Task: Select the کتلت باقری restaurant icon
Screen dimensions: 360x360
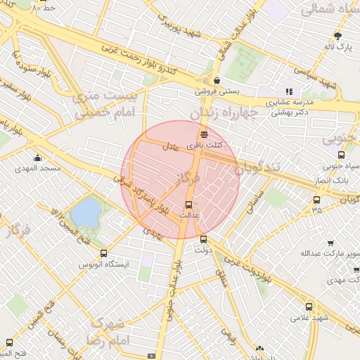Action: click(x=204, y=134)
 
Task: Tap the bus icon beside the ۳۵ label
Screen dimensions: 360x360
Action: click(x=317, y=200)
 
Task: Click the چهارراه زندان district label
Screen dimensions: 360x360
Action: click(x=226, y=113)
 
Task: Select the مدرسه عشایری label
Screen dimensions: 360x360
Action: click(x=288, y=102)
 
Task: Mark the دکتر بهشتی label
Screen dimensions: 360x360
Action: click(x=291, y=112)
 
